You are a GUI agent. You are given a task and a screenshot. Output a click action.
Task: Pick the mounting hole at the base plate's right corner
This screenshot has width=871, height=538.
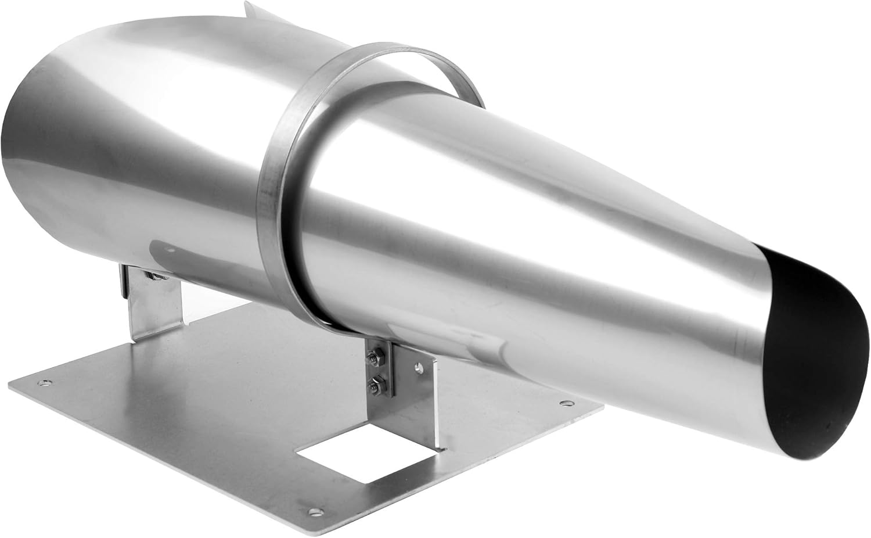564,401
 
